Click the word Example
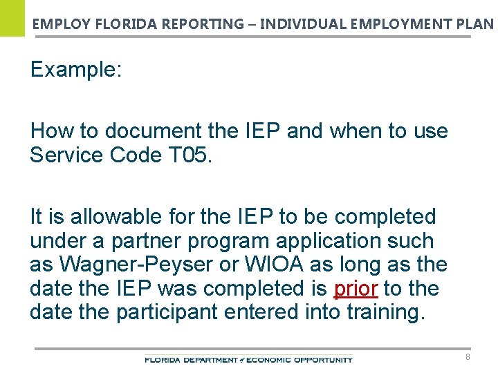click(76, 70)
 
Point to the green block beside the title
click(12, 18)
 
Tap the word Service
click(66, 155)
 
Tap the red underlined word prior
click(355, 289)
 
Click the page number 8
click(468, 357)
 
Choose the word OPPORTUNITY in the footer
click(324, 360)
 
